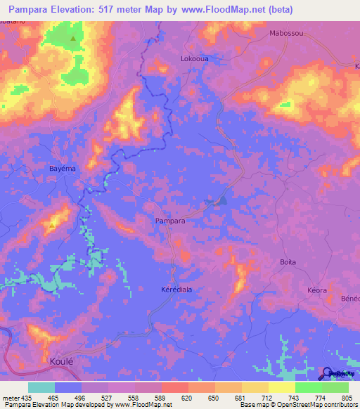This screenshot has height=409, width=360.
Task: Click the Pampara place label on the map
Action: click(x=170, y=221)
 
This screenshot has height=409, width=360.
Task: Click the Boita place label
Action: click(x=288, y=262)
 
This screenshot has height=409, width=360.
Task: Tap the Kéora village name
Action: click(x=319, y=290)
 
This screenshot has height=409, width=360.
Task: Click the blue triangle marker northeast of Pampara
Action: click(x=222, y=201)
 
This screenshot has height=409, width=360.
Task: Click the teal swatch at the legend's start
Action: click(x=41, y=387)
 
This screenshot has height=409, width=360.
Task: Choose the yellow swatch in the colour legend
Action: click(x=281, y=387)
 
